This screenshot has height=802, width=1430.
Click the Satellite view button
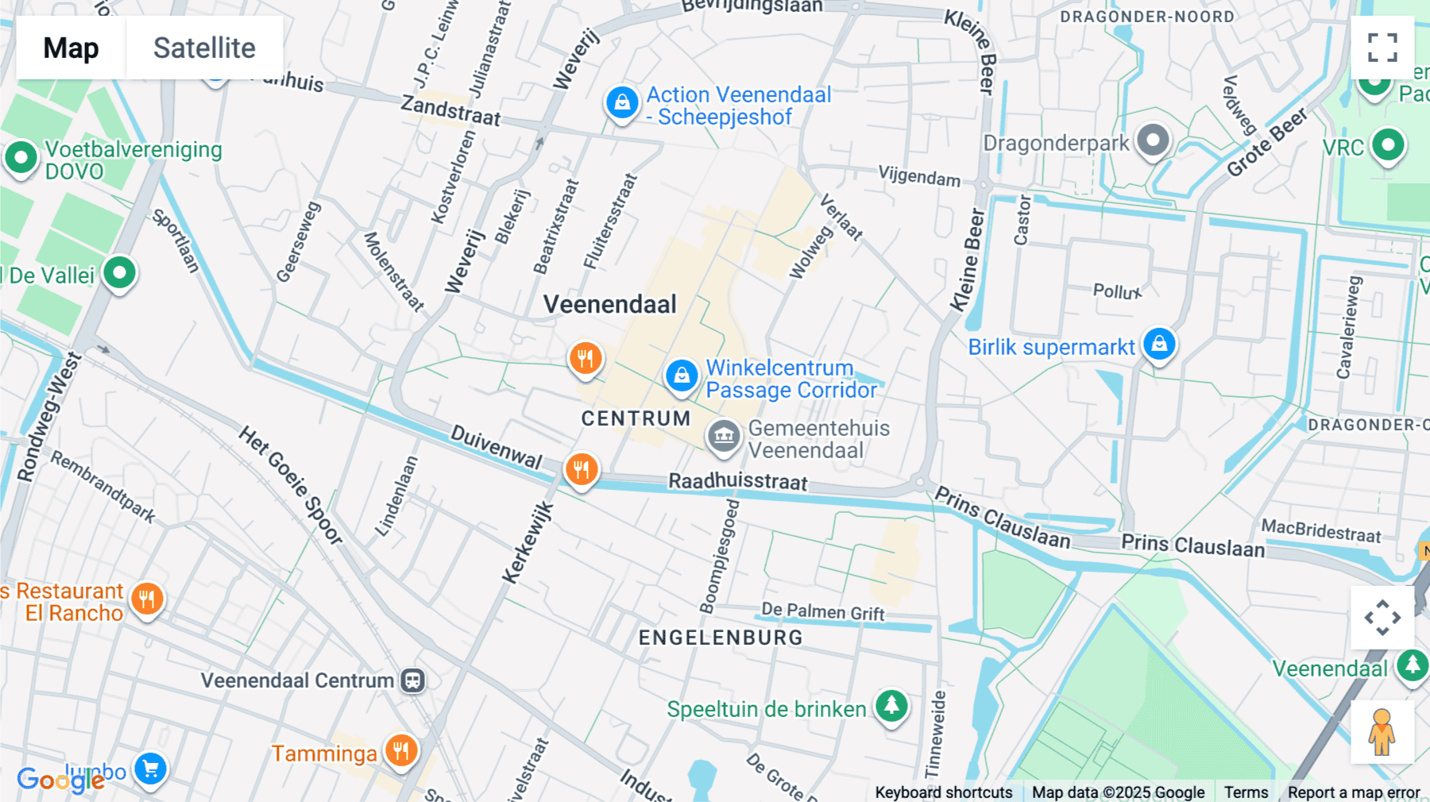(x=204, y=48)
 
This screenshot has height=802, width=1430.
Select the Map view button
(x=71, y=48)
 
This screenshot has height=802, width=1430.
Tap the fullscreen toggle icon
(x=1382, y=48)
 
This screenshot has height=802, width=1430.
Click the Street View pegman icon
(x=1382, y=732)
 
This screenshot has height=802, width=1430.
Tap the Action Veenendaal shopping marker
(x=622, y=103)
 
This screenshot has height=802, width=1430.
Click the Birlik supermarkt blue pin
(x=1159, y=345)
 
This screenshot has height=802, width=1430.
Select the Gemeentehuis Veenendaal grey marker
(x=723, y=436)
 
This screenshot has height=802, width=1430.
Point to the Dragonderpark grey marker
(x=1153, y=141)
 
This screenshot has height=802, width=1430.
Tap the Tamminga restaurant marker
(x=401, y=750)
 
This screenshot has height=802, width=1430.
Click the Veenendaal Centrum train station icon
(x=412, y=681)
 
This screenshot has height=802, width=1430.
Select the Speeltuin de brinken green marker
(x=891, y=705)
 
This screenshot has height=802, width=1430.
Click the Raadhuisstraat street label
(x=737, y=481)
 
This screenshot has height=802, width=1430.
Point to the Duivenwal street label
(x=497, y=446)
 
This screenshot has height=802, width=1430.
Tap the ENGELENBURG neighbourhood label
(x=721, y=638)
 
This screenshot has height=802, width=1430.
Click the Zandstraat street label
(x=450, y=111)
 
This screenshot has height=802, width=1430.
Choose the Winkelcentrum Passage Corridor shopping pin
(x=682, y=376)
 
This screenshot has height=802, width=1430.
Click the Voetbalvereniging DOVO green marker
(x=21, y=157)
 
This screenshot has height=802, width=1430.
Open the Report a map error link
(x=1353, y=792)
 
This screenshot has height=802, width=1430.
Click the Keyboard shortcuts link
(x=943, y=792)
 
